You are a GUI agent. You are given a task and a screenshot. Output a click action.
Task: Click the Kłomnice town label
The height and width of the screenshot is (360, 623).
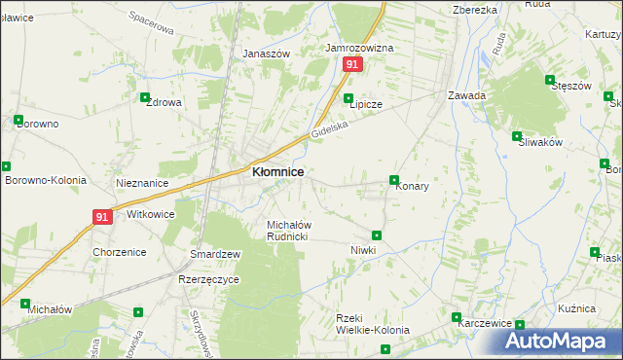click(x=277, y=171)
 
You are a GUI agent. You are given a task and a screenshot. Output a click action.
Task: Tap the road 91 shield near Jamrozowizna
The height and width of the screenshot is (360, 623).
click(x=352, y=64)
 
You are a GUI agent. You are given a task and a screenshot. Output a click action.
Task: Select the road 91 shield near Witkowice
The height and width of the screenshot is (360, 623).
click(x=104, y=217)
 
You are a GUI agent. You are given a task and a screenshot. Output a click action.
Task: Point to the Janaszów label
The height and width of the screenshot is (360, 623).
click(x=267, y=54)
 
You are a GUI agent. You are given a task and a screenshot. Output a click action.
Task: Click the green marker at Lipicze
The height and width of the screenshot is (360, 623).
click(x=348, y=98)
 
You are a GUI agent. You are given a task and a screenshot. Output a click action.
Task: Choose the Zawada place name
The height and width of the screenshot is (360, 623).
click(x=466, y=95)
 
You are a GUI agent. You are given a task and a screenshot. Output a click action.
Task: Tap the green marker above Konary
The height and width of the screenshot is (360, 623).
click(x=394, y=180)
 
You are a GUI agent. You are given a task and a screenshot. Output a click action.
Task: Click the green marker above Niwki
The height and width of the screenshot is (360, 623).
click(x=377, y=235)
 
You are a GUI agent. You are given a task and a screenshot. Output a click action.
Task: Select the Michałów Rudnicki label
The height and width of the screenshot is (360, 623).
click(x=288, y=231)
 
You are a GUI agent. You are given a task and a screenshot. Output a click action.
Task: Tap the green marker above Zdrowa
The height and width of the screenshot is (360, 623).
click(x=145, y=98)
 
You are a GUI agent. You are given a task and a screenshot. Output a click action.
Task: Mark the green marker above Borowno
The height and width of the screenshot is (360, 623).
click(x=18, y=121)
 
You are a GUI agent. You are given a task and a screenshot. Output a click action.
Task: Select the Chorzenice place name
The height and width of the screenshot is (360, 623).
click(x=120, y=252)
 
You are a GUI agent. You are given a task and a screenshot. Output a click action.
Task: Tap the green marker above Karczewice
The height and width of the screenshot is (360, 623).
click(x=456, y=317)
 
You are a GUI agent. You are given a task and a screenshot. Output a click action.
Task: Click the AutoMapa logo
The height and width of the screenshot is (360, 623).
click(x=561, y=341)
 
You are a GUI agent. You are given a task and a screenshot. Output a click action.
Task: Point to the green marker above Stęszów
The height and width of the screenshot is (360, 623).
click(x=550, y=81)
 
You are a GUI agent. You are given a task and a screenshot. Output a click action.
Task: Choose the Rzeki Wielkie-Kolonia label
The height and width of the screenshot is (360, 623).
click(x=372, y=324)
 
